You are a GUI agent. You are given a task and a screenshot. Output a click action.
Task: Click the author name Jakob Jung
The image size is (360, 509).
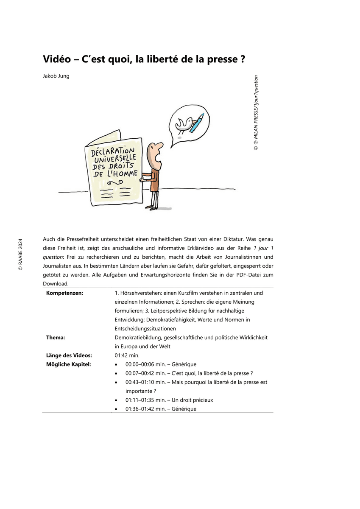click(x=56, y=76)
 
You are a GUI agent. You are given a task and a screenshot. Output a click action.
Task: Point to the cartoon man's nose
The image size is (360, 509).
click(x=162, y=147)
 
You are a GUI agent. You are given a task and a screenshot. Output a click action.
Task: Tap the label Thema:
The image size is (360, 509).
click(x=56, y=338)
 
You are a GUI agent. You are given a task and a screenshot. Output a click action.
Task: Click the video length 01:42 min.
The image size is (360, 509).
click(x=127, y=355)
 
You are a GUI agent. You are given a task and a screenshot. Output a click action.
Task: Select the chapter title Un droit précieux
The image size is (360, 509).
click(x=193, y=400)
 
